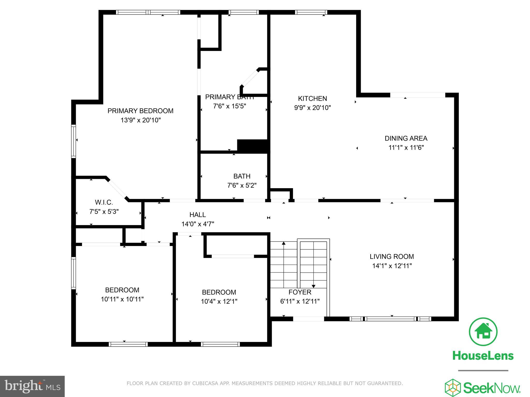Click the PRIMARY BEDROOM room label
coord(140,111)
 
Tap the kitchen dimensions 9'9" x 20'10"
coord(312,108)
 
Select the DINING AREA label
coord(406,139)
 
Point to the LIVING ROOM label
coord(392,257)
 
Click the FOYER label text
coord(300,292)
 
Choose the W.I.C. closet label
coord(104,202)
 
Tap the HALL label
coord(197,215)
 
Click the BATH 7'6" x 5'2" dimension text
coord(242,186)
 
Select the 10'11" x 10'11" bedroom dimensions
coord(122,299)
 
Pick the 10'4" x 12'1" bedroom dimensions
coord(219,302)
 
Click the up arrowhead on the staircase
coord(284,243)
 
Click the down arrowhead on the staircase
coord(313,286)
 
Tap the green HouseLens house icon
coord(483,332)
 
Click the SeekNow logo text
coord(491,388)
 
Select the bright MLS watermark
coord(32,386)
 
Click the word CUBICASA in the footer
coord(204,383)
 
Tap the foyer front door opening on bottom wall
coord(308,319)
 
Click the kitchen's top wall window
coord(311,12)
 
